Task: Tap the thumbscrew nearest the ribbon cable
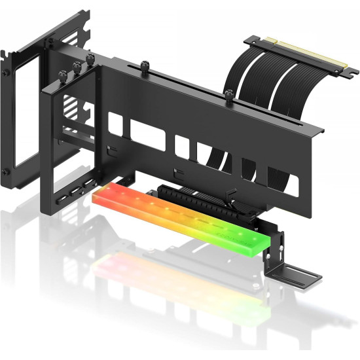pos(228,96)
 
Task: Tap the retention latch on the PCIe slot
pos(230,194)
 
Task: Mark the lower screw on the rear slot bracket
pos(5,171)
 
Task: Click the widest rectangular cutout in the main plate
pos(147,134)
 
